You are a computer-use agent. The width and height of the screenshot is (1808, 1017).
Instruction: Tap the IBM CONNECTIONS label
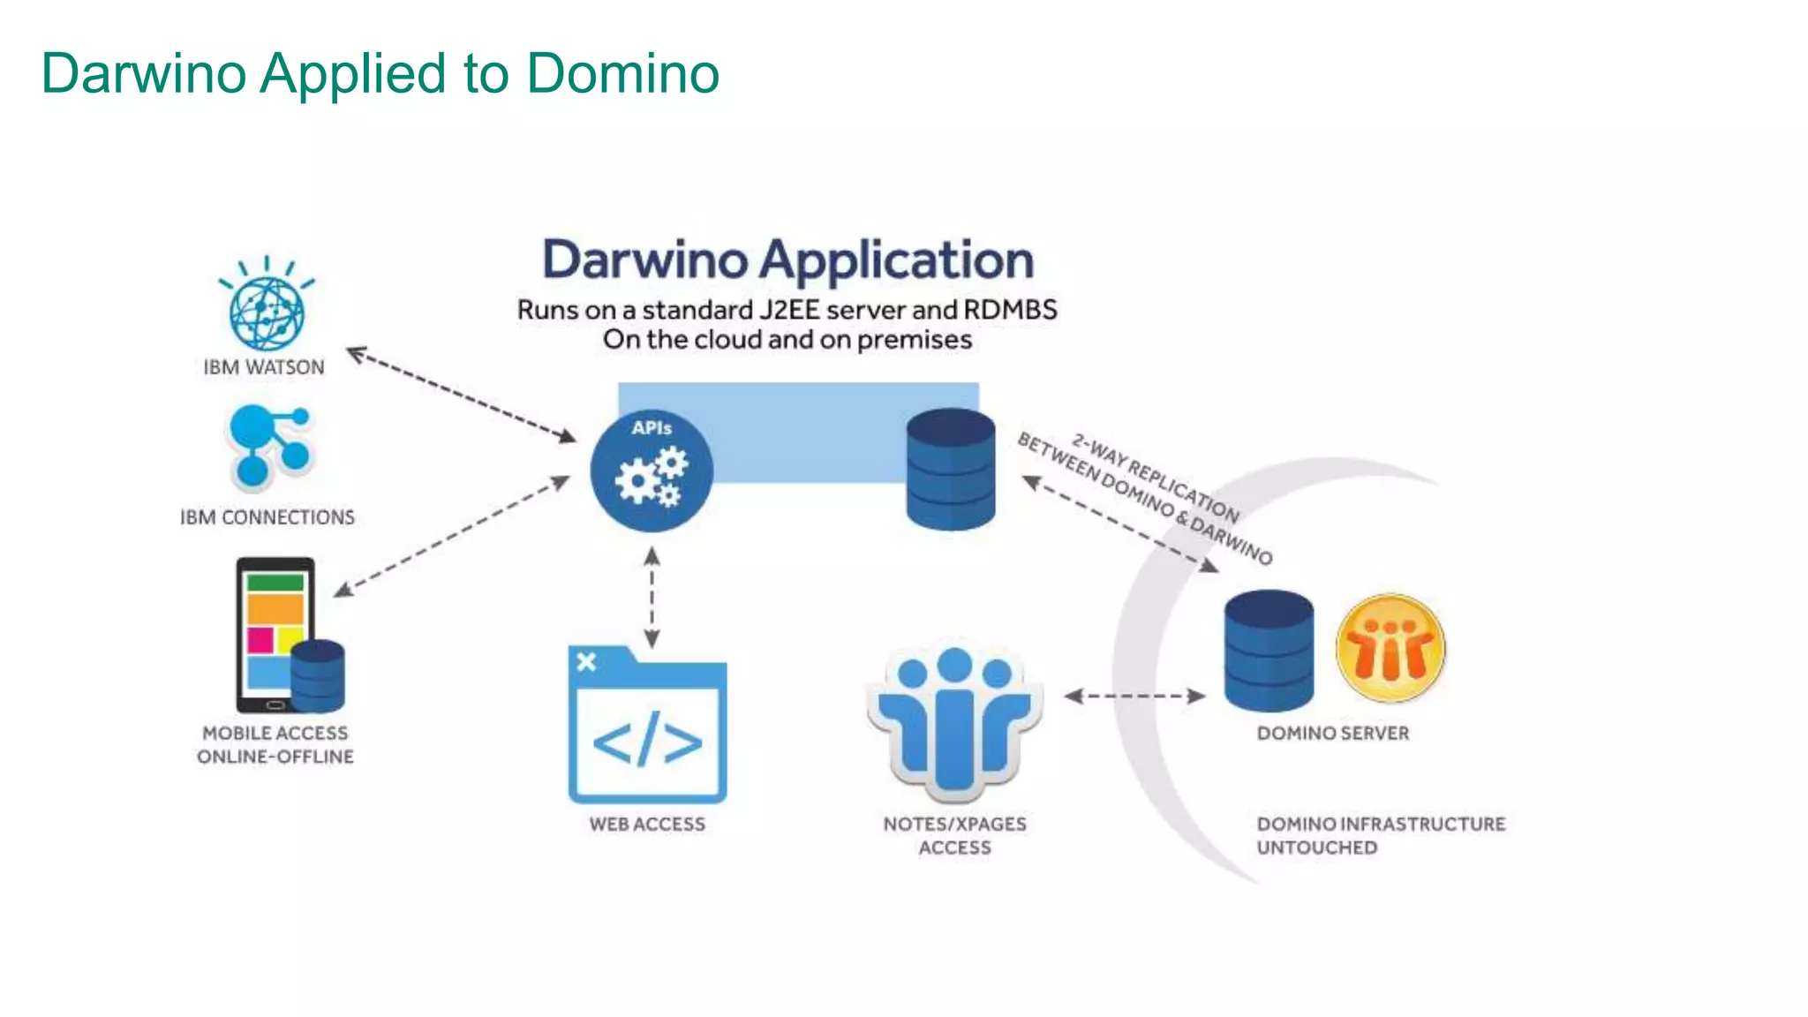[267, 517]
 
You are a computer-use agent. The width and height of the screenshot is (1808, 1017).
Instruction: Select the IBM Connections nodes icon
[269, 446]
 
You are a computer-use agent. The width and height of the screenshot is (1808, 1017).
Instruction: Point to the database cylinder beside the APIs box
[951, 470]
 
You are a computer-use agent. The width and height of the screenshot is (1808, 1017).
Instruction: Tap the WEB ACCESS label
[647, 825]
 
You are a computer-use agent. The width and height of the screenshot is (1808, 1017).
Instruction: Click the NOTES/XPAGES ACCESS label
[954, 835]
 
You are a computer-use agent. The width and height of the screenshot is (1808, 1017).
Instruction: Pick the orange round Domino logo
[1390, 648]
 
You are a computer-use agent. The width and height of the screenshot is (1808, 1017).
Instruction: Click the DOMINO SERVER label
[1333, 734]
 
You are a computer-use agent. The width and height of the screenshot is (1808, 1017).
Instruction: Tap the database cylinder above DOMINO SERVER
[1269, 651]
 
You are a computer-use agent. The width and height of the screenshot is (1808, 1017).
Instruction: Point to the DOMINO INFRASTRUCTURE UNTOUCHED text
[1381, 835]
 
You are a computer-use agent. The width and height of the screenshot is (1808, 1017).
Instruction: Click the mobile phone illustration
[275, 634]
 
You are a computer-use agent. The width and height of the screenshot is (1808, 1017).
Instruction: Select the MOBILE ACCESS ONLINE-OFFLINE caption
[275, 745]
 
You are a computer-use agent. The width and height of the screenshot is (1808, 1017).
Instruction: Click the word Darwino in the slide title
[144, 73]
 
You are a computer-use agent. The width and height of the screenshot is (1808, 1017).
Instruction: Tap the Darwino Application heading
[787, 260]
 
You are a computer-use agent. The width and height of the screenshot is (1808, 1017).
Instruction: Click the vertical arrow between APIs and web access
[652, 598]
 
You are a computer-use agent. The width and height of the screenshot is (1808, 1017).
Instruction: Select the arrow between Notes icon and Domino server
[1134, 696]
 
